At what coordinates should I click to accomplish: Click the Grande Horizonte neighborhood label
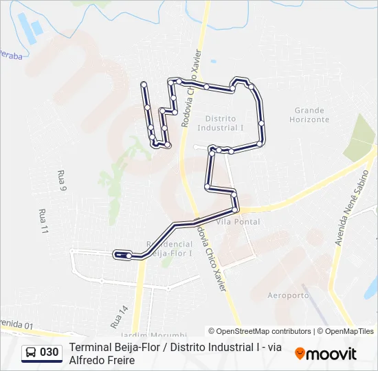pyautogui.click(x=309, y=115)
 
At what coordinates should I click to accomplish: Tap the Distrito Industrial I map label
pyautogui.click(x=221, y=123)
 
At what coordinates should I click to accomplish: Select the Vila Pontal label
pyautogui.click(x=238, y=222)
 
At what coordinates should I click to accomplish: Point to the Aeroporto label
pyautogui.click(x=289, y=295)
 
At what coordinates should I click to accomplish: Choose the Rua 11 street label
pyautogui.click(x=44, y=221)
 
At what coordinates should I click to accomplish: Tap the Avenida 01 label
pyautogui.click(x=16, y=324)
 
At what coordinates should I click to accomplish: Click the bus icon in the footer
pyautogui.click(x=31, y=353)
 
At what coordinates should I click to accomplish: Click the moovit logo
pyautogui.click(x=326, y=354)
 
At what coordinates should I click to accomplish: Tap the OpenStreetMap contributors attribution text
pyautogui.click(x=260, y=331)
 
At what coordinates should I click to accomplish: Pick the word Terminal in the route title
pyautogui.click(x=90, y=348)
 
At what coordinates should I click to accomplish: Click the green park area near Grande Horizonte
pyautogui.click(x=359, y=137)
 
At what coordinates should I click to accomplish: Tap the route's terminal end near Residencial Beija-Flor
pyautogui.click(x=118, y=255)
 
